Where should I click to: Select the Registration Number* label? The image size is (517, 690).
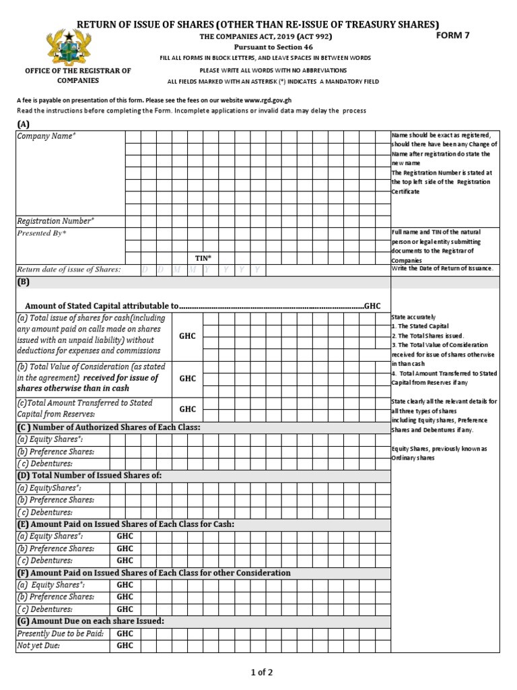click(56, 220)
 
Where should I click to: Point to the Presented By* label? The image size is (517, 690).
click(42, 233)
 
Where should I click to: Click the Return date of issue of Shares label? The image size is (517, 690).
click(69, 270)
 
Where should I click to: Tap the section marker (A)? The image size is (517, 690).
click(24, 124)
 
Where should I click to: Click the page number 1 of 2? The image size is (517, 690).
click(258, 672)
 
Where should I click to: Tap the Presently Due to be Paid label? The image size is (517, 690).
click(61, 634)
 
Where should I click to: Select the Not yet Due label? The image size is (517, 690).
click(38, 646)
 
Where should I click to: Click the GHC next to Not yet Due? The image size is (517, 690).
click(125, 646)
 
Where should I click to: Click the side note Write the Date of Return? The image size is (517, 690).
click(442, 268)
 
